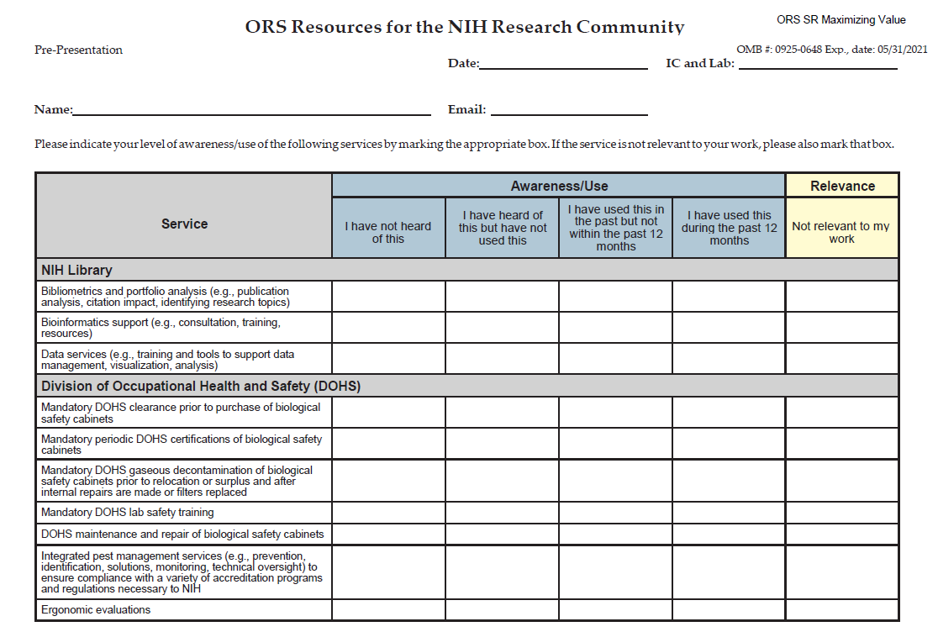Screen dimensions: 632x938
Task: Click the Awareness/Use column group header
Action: tap(559, 186)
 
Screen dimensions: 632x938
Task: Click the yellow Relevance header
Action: tap(842, 186)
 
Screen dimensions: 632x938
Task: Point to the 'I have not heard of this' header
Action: tap(388, 232)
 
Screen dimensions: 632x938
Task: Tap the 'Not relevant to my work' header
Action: tap(841, 232)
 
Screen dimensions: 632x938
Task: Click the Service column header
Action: tap(184, 224)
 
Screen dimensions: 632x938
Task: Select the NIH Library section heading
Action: tap(77, 270)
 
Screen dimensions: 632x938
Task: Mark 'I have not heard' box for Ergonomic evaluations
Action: tap(388, 610)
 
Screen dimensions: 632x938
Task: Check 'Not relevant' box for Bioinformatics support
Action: tap(841, 328)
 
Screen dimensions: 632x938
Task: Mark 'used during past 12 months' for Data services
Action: tap(729, 359)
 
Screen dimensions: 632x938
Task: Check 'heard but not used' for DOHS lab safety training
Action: tap(502, 513)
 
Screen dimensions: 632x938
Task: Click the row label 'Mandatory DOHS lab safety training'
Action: tap(128, 513)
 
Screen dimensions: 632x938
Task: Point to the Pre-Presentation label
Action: tap(78, 50)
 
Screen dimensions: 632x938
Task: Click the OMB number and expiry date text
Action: tap(831, 50)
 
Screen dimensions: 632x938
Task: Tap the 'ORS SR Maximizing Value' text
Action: tap(841, 19)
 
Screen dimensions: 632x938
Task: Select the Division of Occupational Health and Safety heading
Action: tap(201, 386)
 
